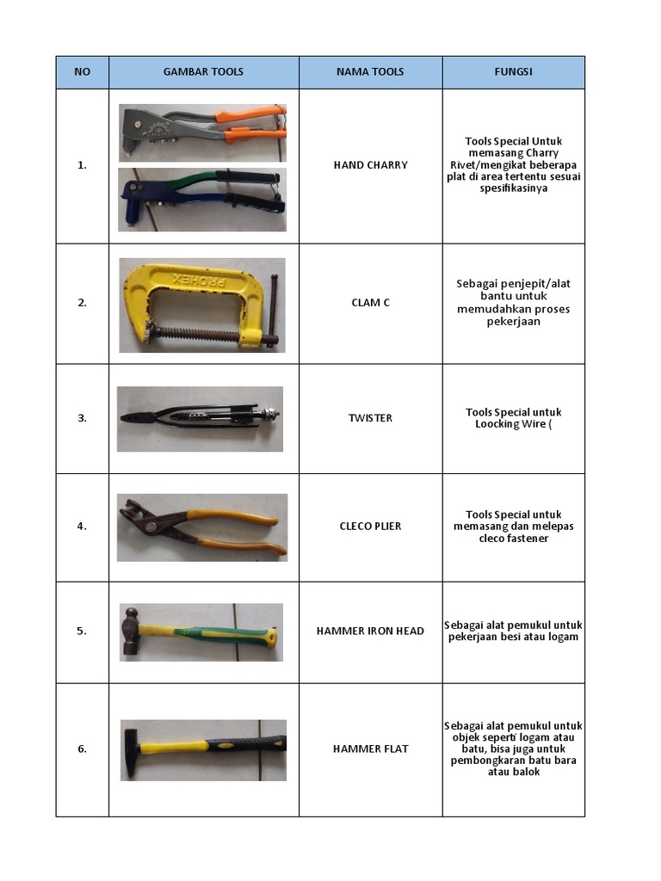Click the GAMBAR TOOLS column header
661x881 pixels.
203,72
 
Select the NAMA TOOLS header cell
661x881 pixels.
370,72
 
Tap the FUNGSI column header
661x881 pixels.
513,72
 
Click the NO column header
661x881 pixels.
82,72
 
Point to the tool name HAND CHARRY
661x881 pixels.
370,165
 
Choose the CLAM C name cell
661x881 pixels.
370,303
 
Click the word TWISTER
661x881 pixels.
370,418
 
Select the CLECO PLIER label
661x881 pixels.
370,527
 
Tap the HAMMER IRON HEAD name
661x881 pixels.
370,631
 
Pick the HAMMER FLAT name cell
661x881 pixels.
370,749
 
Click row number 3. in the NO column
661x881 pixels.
82,418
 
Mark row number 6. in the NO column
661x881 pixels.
82,749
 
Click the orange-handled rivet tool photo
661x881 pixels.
202,133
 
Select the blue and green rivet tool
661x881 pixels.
202,200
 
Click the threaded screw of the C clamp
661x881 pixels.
197,334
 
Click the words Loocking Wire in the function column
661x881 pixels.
510,424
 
